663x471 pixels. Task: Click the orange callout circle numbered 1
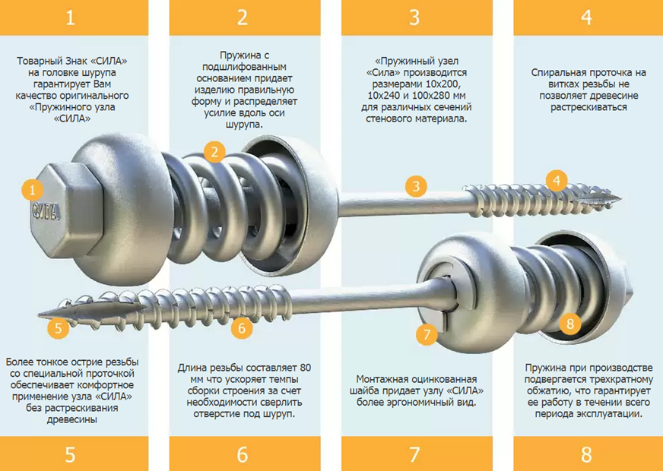pos(32,190)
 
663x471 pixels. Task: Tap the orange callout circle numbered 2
pos(214,152)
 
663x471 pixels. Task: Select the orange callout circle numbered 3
pos(416,186)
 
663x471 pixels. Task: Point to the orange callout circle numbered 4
pos(557,180)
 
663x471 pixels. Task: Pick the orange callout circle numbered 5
pos(59,327)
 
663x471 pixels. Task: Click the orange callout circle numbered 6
pos(242,327)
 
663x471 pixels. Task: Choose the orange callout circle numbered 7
pos(427,334)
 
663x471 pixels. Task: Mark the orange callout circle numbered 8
pos(570,324)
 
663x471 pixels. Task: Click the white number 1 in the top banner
pos(70,17)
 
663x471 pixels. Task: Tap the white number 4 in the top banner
pos(586,17)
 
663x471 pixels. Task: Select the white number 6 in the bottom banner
pos(243,454)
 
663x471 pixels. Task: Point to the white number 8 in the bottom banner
pos(586,454)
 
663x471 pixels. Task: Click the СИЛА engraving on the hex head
pos(46,211)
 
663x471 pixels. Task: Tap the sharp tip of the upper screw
pos(620,197)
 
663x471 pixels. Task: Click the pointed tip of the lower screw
pos(39,315)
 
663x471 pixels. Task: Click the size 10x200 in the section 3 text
pos(439,84)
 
